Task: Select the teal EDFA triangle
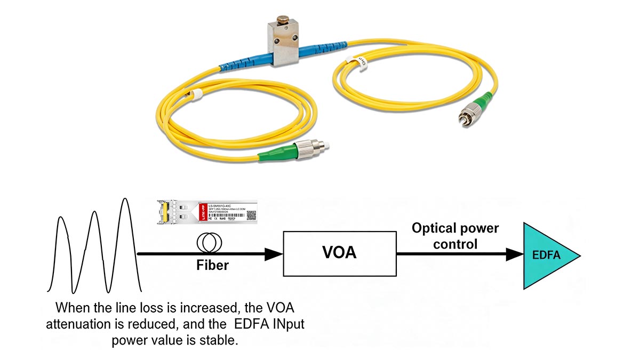[x=547, y=255]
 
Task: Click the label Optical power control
[x=455, y=236]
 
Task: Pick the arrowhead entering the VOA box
[x=273, y=254]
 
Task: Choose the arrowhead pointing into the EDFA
[x=514, y=254]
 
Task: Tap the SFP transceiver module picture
[x=207, y=212]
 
